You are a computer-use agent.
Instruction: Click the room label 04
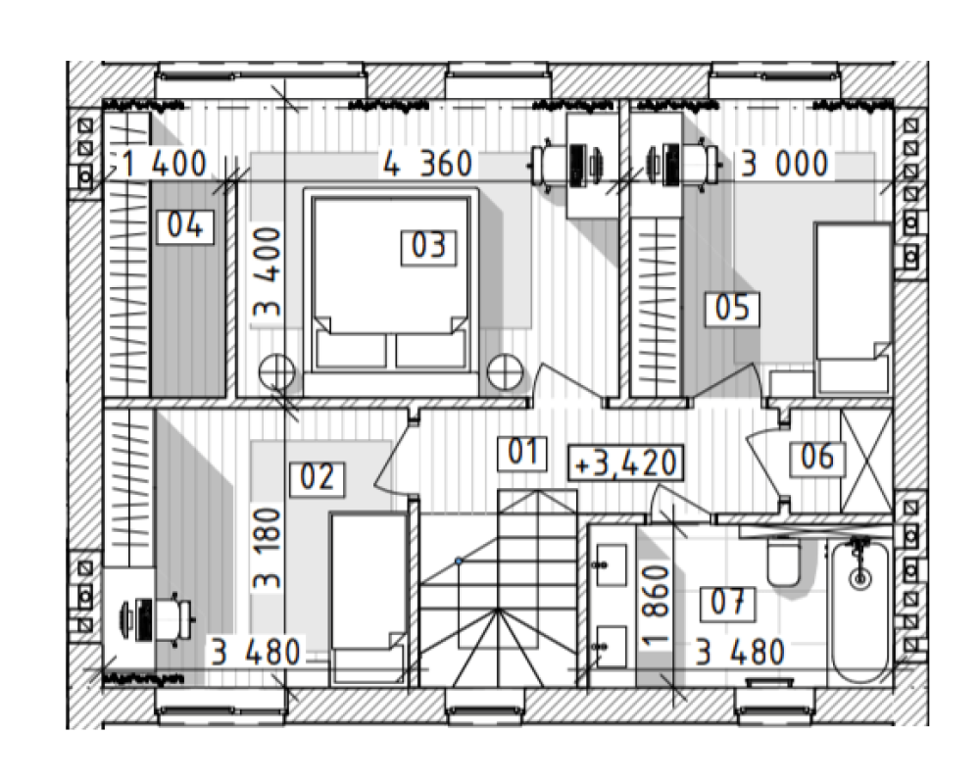(x=185, y=226)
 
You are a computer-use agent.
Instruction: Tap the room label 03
(x=429, y=246)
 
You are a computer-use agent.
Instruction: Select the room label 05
(x=732, y=309)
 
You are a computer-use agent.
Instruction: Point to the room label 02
(x=317, y=478)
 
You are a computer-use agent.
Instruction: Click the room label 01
(x=522, y=453)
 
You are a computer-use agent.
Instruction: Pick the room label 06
(x=817, y=457)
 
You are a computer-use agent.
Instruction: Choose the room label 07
(x=728, y=604)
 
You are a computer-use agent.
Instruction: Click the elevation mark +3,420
(x=625, y=464)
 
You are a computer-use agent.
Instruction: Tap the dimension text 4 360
(x=427, y=165)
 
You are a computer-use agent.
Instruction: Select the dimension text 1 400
(x=163, y=165)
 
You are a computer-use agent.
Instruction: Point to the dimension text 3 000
(x=784, y=165)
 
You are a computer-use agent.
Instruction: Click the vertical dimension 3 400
(x=268, y=273)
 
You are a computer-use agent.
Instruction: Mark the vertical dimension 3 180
(x=268, y=549)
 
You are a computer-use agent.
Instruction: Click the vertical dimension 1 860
(x=656, y=607)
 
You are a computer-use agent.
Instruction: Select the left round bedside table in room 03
(x=276, y=372)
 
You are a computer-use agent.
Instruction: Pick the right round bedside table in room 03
(x=505, y=372)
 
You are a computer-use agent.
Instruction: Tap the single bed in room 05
(x=854, y=309)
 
